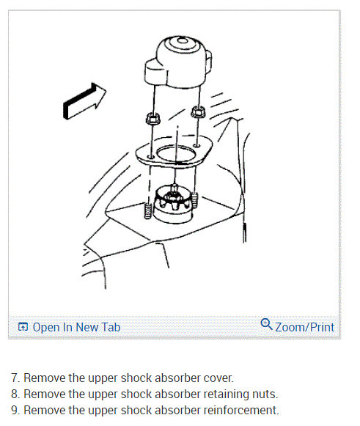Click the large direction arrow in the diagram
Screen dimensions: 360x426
tap(84, 101)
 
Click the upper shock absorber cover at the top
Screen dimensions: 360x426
tap(178, 62)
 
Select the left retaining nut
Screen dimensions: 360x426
tap(153, 119)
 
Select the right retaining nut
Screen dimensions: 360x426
tap(198, 111)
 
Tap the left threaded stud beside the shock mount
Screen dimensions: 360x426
tap(147, 210)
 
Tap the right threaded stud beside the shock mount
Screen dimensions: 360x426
tap(194, 199)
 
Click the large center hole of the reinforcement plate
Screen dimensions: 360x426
tap(176, 155)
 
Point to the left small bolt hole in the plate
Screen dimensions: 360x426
tap(150, 157)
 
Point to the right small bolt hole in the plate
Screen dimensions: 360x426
tap(196, 146)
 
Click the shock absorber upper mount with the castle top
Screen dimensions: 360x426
tap(172, 204)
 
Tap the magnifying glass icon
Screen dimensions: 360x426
tap(267, 324)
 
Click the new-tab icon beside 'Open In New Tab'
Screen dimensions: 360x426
tap(23, 326)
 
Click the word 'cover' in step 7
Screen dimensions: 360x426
tap(218, 378)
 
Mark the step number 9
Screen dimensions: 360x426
tap(15, 411)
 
